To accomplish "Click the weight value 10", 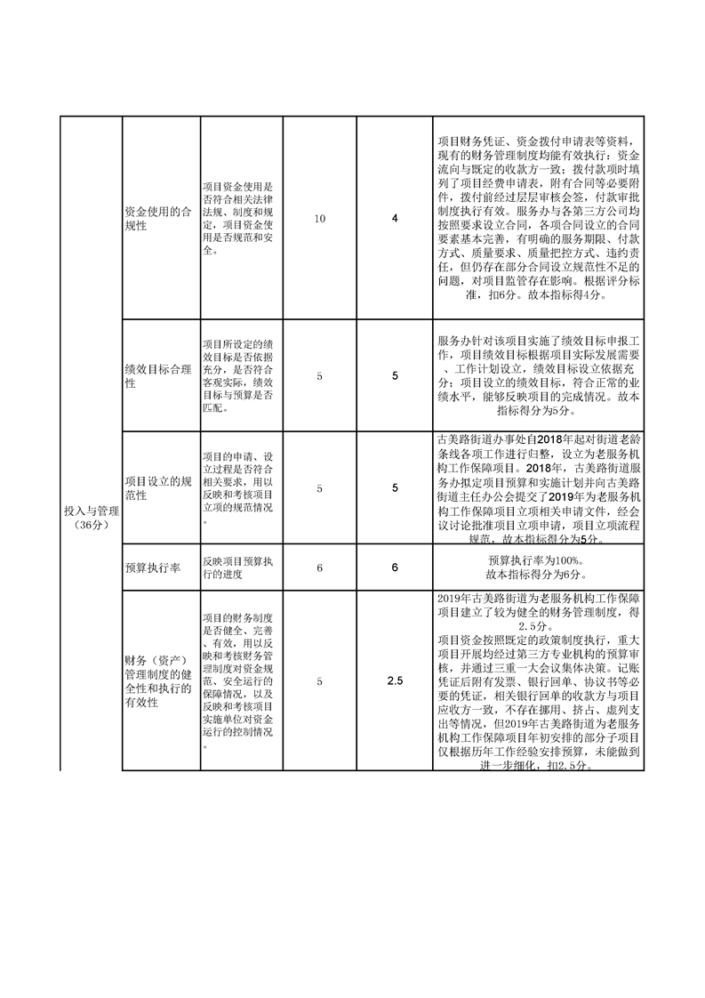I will coord(320,219).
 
